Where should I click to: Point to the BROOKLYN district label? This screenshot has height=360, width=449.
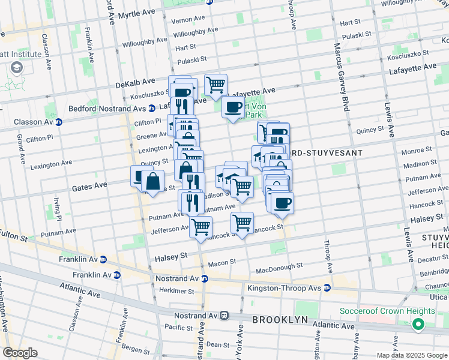(280, 320)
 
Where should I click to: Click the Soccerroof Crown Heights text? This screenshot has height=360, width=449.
(387, 311)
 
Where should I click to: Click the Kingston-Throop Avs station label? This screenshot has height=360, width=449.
(285, 288)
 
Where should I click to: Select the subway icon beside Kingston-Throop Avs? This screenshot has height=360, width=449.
(327, 287)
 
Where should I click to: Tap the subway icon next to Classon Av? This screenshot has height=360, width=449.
(58, 122)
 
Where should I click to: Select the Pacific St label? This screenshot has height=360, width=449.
(178, 327)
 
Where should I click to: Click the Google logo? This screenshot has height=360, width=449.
(20, 353)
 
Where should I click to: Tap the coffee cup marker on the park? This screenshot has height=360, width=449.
(233, 108)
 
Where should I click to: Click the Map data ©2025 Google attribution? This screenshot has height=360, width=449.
(411, 355)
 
